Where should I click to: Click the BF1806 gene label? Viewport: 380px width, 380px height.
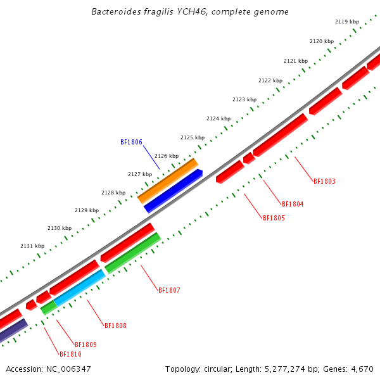coord(131,142)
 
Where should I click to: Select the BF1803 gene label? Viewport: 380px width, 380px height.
coord(324,181)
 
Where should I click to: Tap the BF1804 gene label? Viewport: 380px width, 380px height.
coord(293,204)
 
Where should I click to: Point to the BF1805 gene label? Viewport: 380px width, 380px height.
coord(274,218)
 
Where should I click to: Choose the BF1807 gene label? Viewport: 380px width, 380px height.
coord(169,290)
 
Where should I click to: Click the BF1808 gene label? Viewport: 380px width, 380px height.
coord(115,326)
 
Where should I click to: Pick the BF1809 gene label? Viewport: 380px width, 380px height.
coord(85,345)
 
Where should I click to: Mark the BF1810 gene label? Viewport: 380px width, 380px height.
coord(70,354)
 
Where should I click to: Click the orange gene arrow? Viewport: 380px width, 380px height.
coord(168,180)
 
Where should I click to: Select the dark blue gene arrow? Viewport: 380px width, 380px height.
coord(173,191)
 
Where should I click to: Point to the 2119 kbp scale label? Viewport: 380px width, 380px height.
coord(346,22)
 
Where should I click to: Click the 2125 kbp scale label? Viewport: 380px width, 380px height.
coord(193,137)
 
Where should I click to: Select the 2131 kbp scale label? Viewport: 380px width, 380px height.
coord(32,246)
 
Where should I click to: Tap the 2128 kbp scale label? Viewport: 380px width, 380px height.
coord(113,193)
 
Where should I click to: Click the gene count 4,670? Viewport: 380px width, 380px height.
coord(362,369)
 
